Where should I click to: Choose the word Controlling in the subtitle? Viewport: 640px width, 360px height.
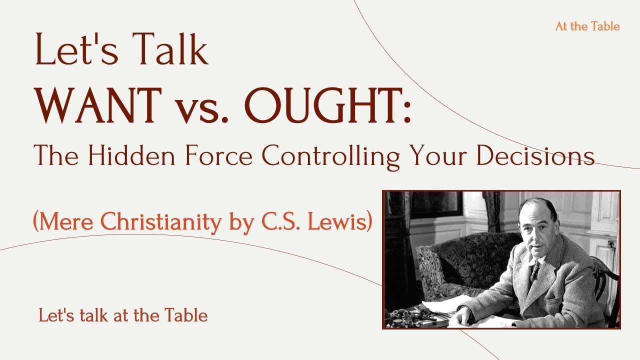(x=330, y=156)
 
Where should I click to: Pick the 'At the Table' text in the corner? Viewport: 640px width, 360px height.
(x=587, y=26)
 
